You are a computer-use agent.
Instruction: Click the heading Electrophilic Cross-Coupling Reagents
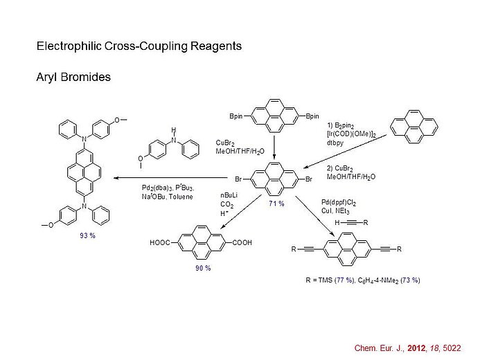coord(139,47)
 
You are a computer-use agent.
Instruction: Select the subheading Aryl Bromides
coord(73,77)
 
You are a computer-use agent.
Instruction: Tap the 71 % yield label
coord(276,204)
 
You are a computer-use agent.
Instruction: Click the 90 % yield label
coord(202,267)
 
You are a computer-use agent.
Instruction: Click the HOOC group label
coord(161,243)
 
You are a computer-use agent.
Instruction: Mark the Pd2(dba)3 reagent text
coord(155,188)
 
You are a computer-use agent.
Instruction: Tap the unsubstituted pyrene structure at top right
coord(414,125)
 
